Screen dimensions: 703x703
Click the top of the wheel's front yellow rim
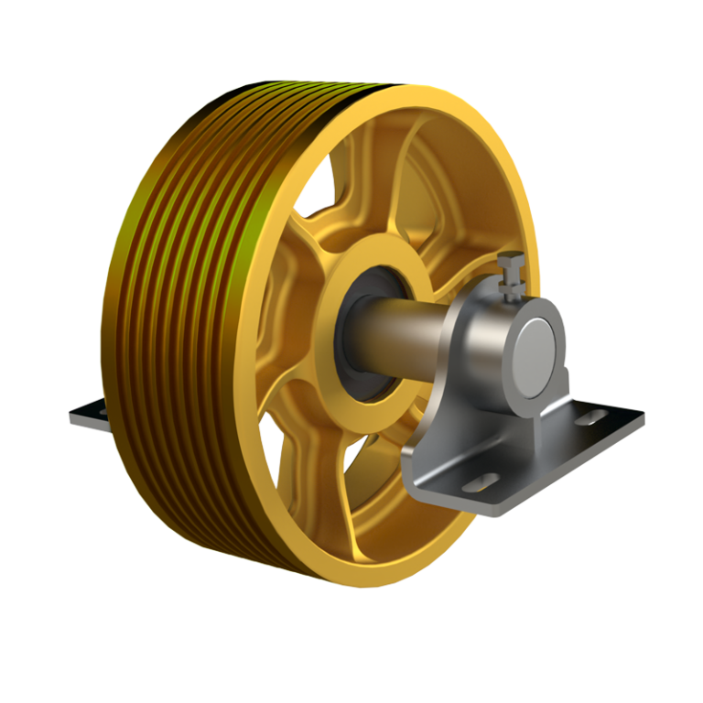tap(421, 96)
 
